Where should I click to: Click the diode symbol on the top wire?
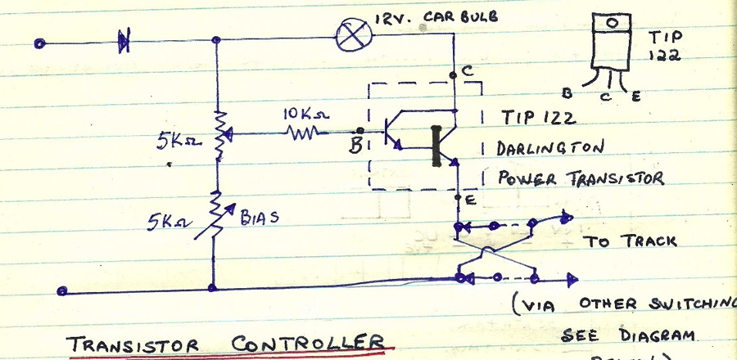click(124, 40)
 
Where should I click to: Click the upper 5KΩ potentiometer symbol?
click(219, 135)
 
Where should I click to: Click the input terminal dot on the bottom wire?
click(63, 290)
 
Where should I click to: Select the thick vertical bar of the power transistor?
click(436, 146)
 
